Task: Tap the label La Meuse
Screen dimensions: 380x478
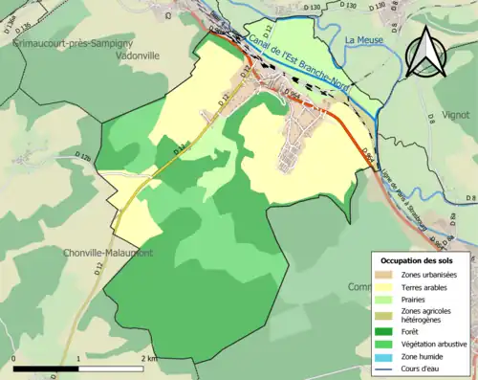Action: [363, 39]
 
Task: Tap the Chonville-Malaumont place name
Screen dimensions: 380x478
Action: [105, 253]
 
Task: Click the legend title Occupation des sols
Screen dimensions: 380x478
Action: [418, 260]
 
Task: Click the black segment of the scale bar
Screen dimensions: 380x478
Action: [46, 369]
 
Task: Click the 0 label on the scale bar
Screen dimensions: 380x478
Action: [14, 358]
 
